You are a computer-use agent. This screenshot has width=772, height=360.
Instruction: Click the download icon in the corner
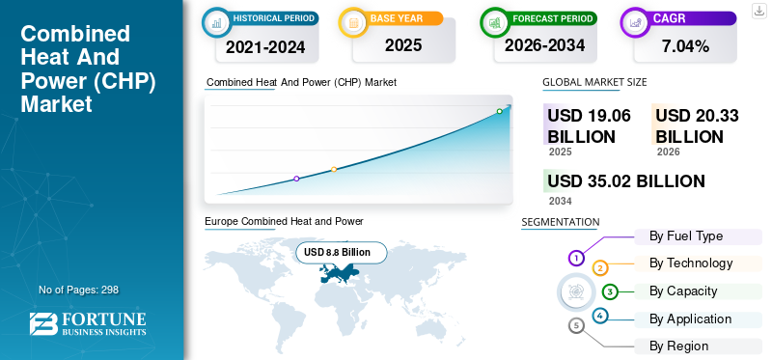(759, 11)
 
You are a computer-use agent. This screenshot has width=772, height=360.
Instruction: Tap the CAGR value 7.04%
(685, 46)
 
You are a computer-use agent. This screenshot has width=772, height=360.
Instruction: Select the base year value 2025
(403, 45)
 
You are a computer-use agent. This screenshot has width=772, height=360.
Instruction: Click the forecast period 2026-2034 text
(544, 45)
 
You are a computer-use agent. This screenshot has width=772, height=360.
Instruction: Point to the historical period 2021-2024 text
(265, 46)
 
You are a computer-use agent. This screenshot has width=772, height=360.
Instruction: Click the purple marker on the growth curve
(296, 179)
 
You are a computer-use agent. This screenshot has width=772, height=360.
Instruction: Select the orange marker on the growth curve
(334, 170)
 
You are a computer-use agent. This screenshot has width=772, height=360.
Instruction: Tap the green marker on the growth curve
(499, 111)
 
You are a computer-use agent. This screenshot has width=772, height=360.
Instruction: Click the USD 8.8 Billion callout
(342, 253)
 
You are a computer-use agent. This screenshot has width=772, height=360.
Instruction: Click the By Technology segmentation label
(691, 263)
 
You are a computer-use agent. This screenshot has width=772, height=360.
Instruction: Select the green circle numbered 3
(610, 292)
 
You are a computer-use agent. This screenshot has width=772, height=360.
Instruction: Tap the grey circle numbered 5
(576, 325)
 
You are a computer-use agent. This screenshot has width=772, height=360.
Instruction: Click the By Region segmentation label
(679, 346)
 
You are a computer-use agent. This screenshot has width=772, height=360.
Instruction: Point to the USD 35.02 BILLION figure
(625, 181)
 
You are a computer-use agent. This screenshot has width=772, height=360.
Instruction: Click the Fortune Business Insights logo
(88, 324)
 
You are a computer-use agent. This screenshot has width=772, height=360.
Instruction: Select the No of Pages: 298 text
(79, 290)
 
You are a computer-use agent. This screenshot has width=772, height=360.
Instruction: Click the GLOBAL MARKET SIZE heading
(594, 82)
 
